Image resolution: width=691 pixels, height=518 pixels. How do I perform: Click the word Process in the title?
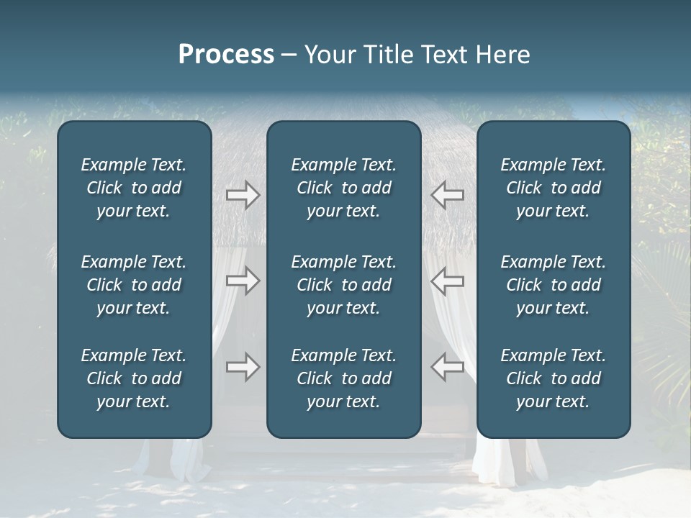(226, 55)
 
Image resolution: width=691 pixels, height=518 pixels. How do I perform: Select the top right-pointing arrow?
(243, 194)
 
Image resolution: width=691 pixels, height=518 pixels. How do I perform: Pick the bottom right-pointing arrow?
(243, 367)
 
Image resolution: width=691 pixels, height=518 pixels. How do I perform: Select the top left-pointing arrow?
(447, 194)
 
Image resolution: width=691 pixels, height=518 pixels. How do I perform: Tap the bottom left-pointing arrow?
(447, 367)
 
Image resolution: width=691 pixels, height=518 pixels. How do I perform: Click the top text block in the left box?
(134, 188)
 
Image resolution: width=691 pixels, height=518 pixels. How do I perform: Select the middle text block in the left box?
(134, 285)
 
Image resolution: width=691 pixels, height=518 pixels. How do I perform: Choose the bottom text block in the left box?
(134, 378)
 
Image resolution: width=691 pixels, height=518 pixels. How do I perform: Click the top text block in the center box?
(343, 188)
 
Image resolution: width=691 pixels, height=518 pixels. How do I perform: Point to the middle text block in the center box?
(343, 285)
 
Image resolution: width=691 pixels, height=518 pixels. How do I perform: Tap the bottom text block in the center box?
(343, 378)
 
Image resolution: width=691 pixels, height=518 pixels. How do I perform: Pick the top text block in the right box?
(554, 188)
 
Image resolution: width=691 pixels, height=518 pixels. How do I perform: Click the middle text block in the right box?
(554, 285)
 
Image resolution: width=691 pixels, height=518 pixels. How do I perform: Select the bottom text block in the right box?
(554, 378)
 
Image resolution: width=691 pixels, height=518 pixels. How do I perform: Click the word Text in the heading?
(441, 55)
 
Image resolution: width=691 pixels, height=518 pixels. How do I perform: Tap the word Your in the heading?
(328, 55)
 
